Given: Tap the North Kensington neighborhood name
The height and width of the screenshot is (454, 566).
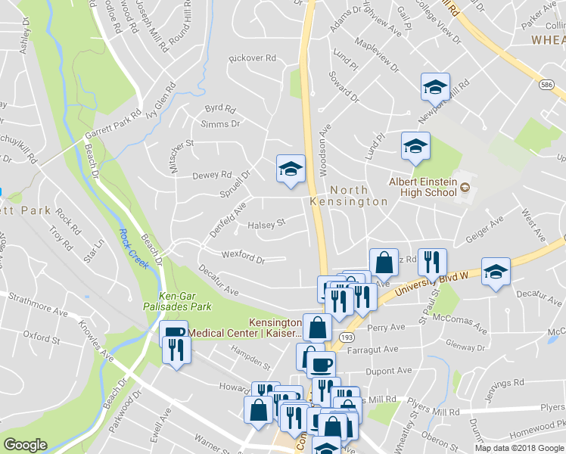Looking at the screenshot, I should point(349,196).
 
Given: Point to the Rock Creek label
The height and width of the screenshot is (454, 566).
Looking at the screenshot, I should point(133,249).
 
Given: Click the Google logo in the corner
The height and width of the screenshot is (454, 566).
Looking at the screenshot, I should point(25,445).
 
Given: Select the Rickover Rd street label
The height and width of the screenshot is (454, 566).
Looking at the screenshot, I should point(253,58).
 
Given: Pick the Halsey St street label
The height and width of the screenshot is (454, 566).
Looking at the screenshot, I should point(266,224).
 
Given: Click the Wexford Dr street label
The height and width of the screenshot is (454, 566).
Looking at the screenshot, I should point(243,257).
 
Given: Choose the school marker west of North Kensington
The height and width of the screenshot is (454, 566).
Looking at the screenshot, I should point(291,169).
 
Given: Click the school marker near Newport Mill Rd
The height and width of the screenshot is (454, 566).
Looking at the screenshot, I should point(435,87).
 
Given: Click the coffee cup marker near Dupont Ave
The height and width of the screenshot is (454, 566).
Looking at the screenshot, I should point(322,364).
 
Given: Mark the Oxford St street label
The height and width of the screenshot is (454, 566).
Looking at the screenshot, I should point(41,334).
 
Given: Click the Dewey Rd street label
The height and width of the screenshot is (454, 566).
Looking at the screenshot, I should point(211,176).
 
